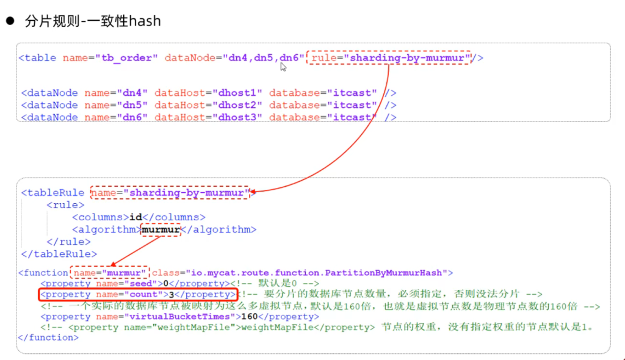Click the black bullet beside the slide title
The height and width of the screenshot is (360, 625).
tap(10, 21)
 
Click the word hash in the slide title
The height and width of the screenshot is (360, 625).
tap(145, 21)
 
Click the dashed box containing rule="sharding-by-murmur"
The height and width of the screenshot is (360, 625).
tap(389, 58)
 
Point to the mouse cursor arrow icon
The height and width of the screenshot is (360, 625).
tap(283, 67)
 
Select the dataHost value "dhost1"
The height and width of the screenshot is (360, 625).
tap(237, 93)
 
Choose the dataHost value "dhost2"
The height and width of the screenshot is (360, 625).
tap(237, 105)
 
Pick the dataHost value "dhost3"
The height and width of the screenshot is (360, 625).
tap(237, 118)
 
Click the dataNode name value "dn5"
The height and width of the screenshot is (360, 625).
tap(132, 105)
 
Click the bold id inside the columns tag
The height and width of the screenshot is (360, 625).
tap(135, 217)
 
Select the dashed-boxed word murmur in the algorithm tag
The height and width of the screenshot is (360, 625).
tap(161, 229)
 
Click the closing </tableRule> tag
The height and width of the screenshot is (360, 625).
tap(59, 254)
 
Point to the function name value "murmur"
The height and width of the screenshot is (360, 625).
tap(124, 273)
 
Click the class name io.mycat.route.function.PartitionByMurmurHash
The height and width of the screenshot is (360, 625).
tap(317, 273)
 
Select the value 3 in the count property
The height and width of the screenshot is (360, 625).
tap(172, 295)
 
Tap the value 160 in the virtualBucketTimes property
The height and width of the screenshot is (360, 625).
tap(250, 317)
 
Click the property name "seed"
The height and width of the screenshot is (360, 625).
tap(141, 284)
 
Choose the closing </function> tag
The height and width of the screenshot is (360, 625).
tap(48, 337)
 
